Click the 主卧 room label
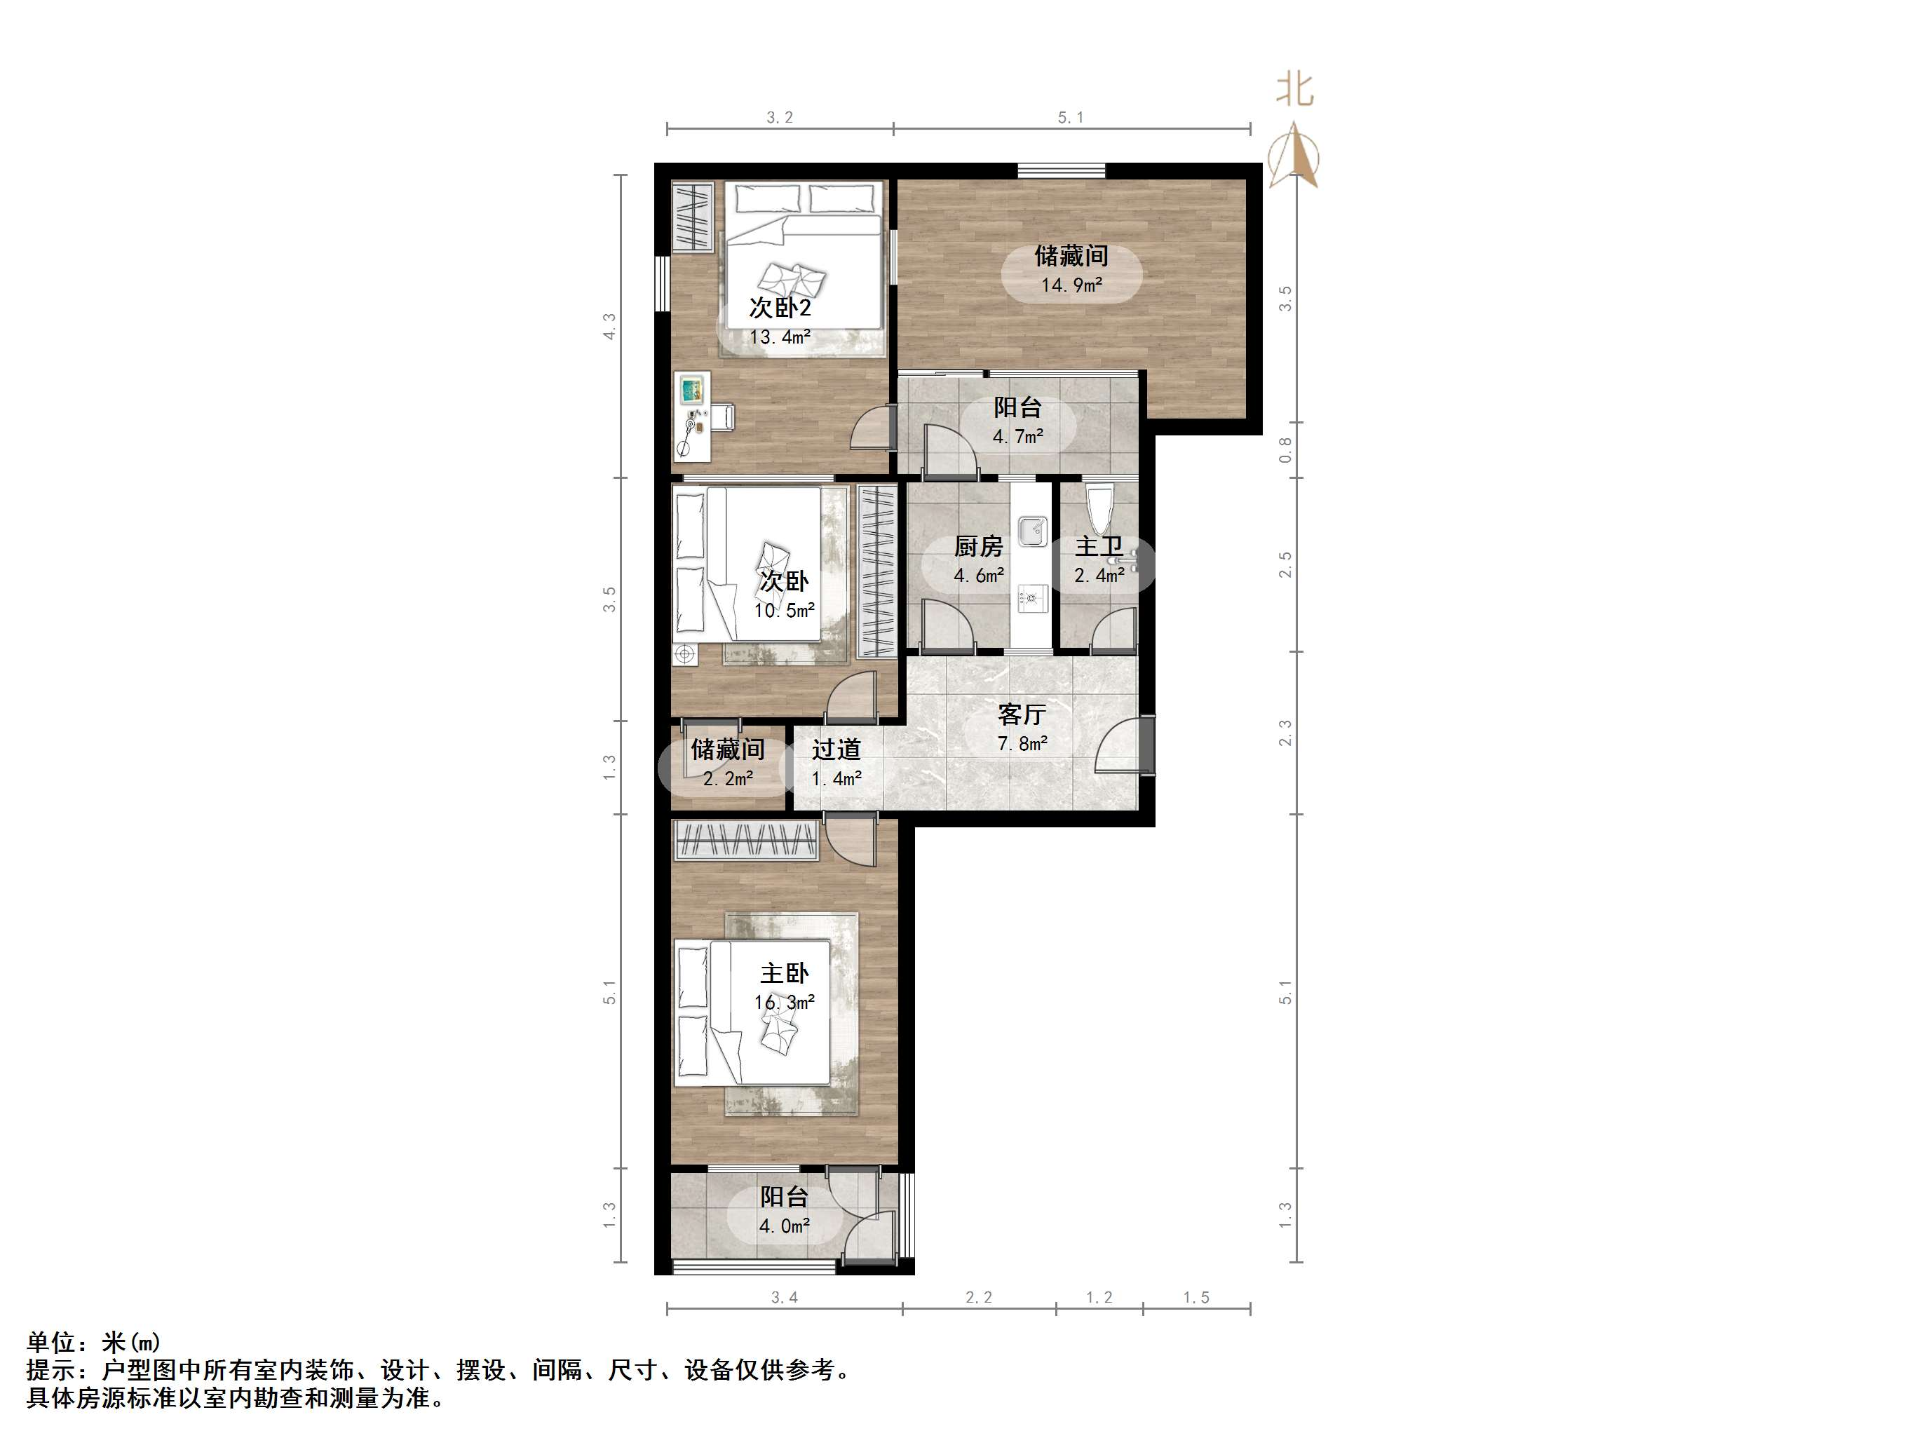pyautogui.click(x=785, y=973)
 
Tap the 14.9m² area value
pyautogui.click(x=1071, y=285)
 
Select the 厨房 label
pyautogui.click(x=978, y=546)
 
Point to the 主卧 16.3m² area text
pyautogui.click(x=785, y=1003)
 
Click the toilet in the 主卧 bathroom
pyautogui.click(x=1099, y=510)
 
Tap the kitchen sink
pyautogui.click(x=1032, y=531)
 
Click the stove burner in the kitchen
pyautogui.click(x=1032, y=597)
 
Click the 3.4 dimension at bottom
pyautogui.click(x=785, y=1298)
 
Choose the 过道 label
pyautogui.click(x=836, y=749)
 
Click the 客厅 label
pyautogui.click(x=1022, y=714)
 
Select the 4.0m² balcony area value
pyautogui.click(x=785, y=1226)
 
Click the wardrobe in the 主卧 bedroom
pyautogui.click(x=746, y=840)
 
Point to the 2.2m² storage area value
pyautogui.click(x=728, y=778)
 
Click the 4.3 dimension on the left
pyautogui.click(x=610, y=326)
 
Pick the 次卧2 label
pyautogui.click(x=780, y=308)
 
